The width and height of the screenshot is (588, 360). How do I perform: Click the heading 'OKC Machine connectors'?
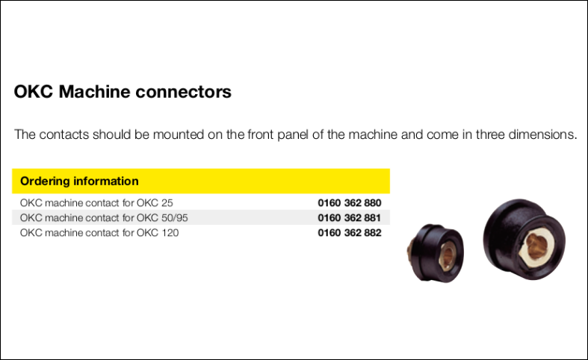coord(123,92)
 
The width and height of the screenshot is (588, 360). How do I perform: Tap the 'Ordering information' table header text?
coord(79,181)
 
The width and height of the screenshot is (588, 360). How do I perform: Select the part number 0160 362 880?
coord(350,203)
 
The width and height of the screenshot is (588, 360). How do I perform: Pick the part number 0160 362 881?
coord(350,218)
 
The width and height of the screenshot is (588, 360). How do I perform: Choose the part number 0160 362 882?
coord(350,233)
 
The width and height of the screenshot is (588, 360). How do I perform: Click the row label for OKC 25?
coord(96,203)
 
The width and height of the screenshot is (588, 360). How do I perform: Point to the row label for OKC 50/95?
coord(104,218)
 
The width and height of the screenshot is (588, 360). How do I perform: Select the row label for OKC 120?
coord(99,233)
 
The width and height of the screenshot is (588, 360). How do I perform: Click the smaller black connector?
coord(436,253)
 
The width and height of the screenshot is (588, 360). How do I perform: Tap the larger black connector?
coord(524,239)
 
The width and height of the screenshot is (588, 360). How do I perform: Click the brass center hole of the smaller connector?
coord(448,255)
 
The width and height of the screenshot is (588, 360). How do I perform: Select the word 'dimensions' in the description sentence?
coord(541,134)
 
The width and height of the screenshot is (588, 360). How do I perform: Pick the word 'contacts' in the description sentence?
coord(64,134)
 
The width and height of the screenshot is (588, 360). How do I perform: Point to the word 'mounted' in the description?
coord(178,134)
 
